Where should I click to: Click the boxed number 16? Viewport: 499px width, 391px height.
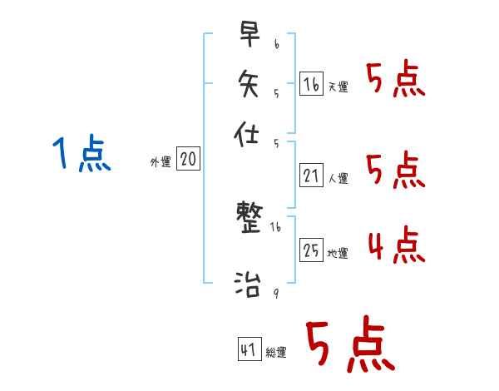tap(311, 83)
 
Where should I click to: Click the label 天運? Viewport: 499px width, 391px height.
tap(338, 87)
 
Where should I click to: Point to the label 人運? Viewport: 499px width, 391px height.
tap(338, 178)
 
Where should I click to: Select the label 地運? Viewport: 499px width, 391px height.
tap(338, 253)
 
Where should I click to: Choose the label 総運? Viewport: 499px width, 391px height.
tap(275, 352)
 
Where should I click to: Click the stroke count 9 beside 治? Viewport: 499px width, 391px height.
tap(275, 292)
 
